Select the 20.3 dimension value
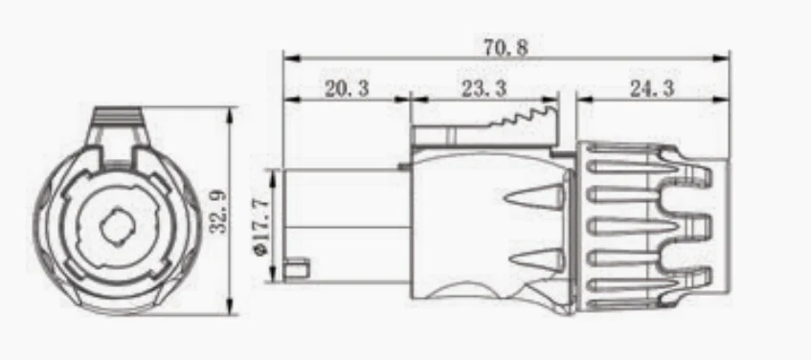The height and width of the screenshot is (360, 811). [x=347, y=90]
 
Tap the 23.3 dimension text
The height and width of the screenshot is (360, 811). [x=484, y=90]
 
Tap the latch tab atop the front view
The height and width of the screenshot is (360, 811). [x=119, y=122]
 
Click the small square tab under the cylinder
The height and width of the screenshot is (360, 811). [x=299, y=265]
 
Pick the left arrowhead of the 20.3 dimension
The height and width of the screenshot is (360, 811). [x=287, y=99]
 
